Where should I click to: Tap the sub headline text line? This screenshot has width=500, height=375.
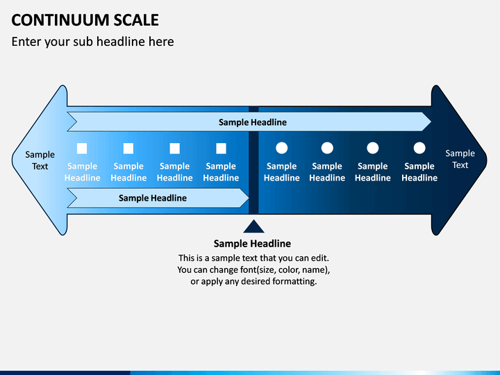pos(92,42)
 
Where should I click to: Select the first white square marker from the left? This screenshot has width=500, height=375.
pos(82,149)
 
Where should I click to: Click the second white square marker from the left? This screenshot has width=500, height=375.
pos(128,149)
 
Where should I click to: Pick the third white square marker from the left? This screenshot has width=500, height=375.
pos(175,149)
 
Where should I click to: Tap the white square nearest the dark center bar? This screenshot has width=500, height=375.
pos(221,149)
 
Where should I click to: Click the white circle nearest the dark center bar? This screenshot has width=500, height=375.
pos(281,148)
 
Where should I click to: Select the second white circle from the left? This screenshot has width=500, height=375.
pos(327,148)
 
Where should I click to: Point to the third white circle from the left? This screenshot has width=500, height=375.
pos(373,148)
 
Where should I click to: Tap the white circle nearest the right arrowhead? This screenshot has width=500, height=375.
pos(419,148)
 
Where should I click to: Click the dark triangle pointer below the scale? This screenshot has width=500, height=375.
pos(253,226)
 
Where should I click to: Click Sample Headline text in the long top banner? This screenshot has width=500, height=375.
pos(253,122)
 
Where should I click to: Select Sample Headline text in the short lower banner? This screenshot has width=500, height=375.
pos(152,198)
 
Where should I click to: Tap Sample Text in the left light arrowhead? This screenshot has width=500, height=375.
pos(40,160)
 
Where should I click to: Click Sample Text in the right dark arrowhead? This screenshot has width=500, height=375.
pos(460,159)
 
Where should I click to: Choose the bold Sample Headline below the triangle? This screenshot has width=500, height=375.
pos(252,244)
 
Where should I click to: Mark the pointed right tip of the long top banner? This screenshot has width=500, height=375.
pos(431,122)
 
